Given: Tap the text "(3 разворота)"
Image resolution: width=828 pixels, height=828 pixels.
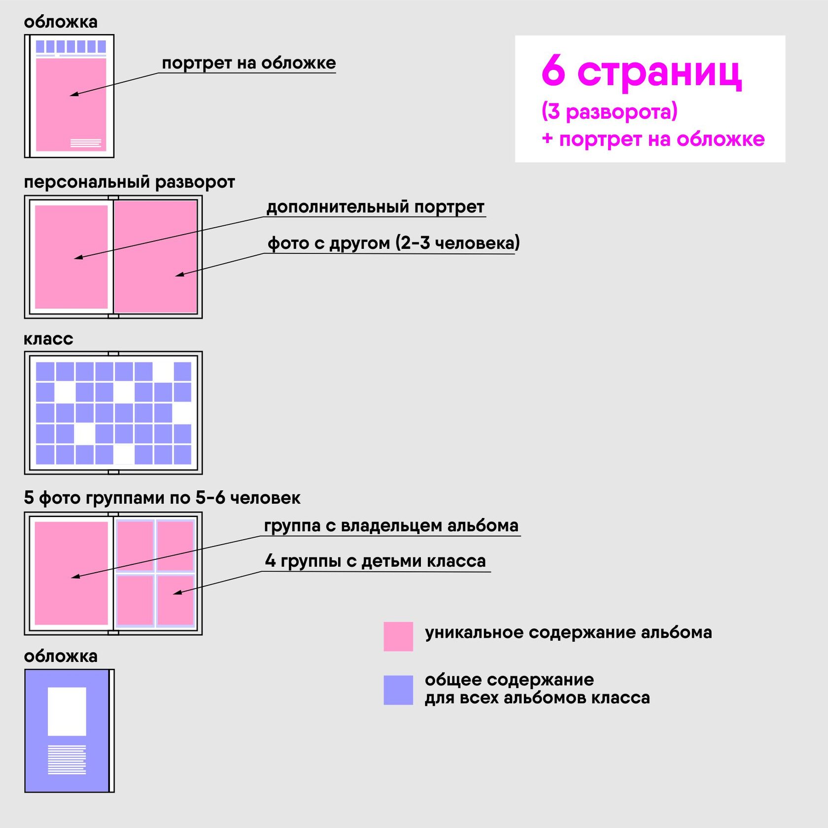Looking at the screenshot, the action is pos(609,111).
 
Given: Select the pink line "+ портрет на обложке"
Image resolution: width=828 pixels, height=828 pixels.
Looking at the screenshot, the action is pos(653,139).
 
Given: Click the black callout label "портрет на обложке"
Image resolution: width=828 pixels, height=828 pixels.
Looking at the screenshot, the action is pos(248,63).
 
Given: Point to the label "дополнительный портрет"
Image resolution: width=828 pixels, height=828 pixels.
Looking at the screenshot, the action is pos(375,207).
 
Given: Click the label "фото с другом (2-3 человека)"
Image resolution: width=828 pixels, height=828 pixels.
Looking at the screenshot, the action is pos(393,243).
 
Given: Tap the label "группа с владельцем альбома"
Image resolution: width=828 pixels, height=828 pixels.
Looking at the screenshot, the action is pos(391,526).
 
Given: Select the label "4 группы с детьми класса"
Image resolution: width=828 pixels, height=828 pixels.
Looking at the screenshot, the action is pos(375,561).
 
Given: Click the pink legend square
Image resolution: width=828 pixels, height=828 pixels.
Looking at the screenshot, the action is pos(398,636).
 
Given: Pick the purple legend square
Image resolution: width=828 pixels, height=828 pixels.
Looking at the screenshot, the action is pos(398,690).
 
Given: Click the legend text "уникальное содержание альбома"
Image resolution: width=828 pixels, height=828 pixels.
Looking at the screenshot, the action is pos(568,632).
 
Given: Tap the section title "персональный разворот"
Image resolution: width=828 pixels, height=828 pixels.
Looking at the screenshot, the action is pos(129,182).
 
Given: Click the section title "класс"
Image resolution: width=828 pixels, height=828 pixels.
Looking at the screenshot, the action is pos(48,339).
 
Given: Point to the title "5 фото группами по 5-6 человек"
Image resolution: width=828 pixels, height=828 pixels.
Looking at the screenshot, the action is pos(162,498).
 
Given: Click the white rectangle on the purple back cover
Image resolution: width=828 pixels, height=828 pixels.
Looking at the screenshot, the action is pos(67,711).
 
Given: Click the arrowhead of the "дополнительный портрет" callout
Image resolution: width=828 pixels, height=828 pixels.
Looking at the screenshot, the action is pos(77,257).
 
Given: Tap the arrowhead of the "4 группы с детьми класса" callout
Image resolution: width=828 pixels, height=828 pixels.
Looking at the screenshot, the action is pos(176,592).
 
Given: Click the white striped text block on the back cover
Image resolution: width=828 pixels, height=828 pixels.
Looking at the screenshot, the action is pos(67,759).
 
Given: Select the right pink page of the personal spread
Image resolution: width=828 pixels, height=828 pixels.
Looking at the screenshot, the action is pos(155,256).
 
